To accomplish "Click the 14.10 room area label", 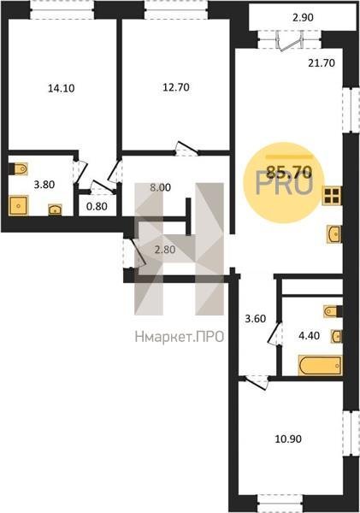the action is pyautogui.click(x=62, y=88).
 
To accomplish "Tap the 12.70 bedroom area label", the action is pyautogui.click(x=176, y=87).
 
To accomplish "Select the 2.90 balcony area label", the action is pyautogui.click(x=303, y=18).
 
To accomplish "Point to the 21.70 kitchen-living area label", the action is pyautogui.click(x=322, y=62).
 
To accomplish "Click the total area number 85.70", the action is pyautogui.click(x=289, y=171).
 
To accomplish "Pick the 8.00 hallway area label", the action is pyautogui.click(x=161, y=188).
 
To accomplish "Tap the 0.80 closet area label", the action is pyautogui.click(x=97, y=206).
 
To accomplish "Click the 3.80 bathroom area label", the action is pyautogui.click(x=44, y=185).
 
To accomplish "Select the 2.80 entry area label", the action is pyautogui.click(x=165, y=250).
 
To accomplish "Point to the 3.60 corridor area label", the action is pyautogui.click(x=256, y=318).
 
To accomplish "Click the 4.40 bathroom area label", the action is pyautogui.click(x=310, y=335).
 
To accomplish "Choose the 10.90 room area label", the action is pyautogui.click(x=288, y=439).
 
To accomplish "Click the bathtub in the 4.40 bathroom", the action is pyautogui.click(x=321, y=365).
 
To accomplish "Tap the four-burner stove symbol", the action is pyautogui.click(x=332, y=196).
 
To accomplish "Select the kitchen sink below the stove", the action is pyautogui.click(x=334, y=234).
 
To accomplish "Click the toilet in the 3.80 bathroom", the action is pyautogui.click(x=19, y=168).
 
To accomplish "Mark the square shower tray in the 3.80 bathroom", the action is pyautogui.click(x=18, y=205).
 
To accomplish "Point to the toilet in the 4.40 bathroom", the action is pyautogui.click(x=333, y=311).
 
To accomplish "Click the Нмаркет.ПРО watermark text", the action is pyautogui.click(x=180, y=336).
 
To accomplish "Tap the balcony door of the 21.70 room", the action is pyautogui.click(x=289, y=40).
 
